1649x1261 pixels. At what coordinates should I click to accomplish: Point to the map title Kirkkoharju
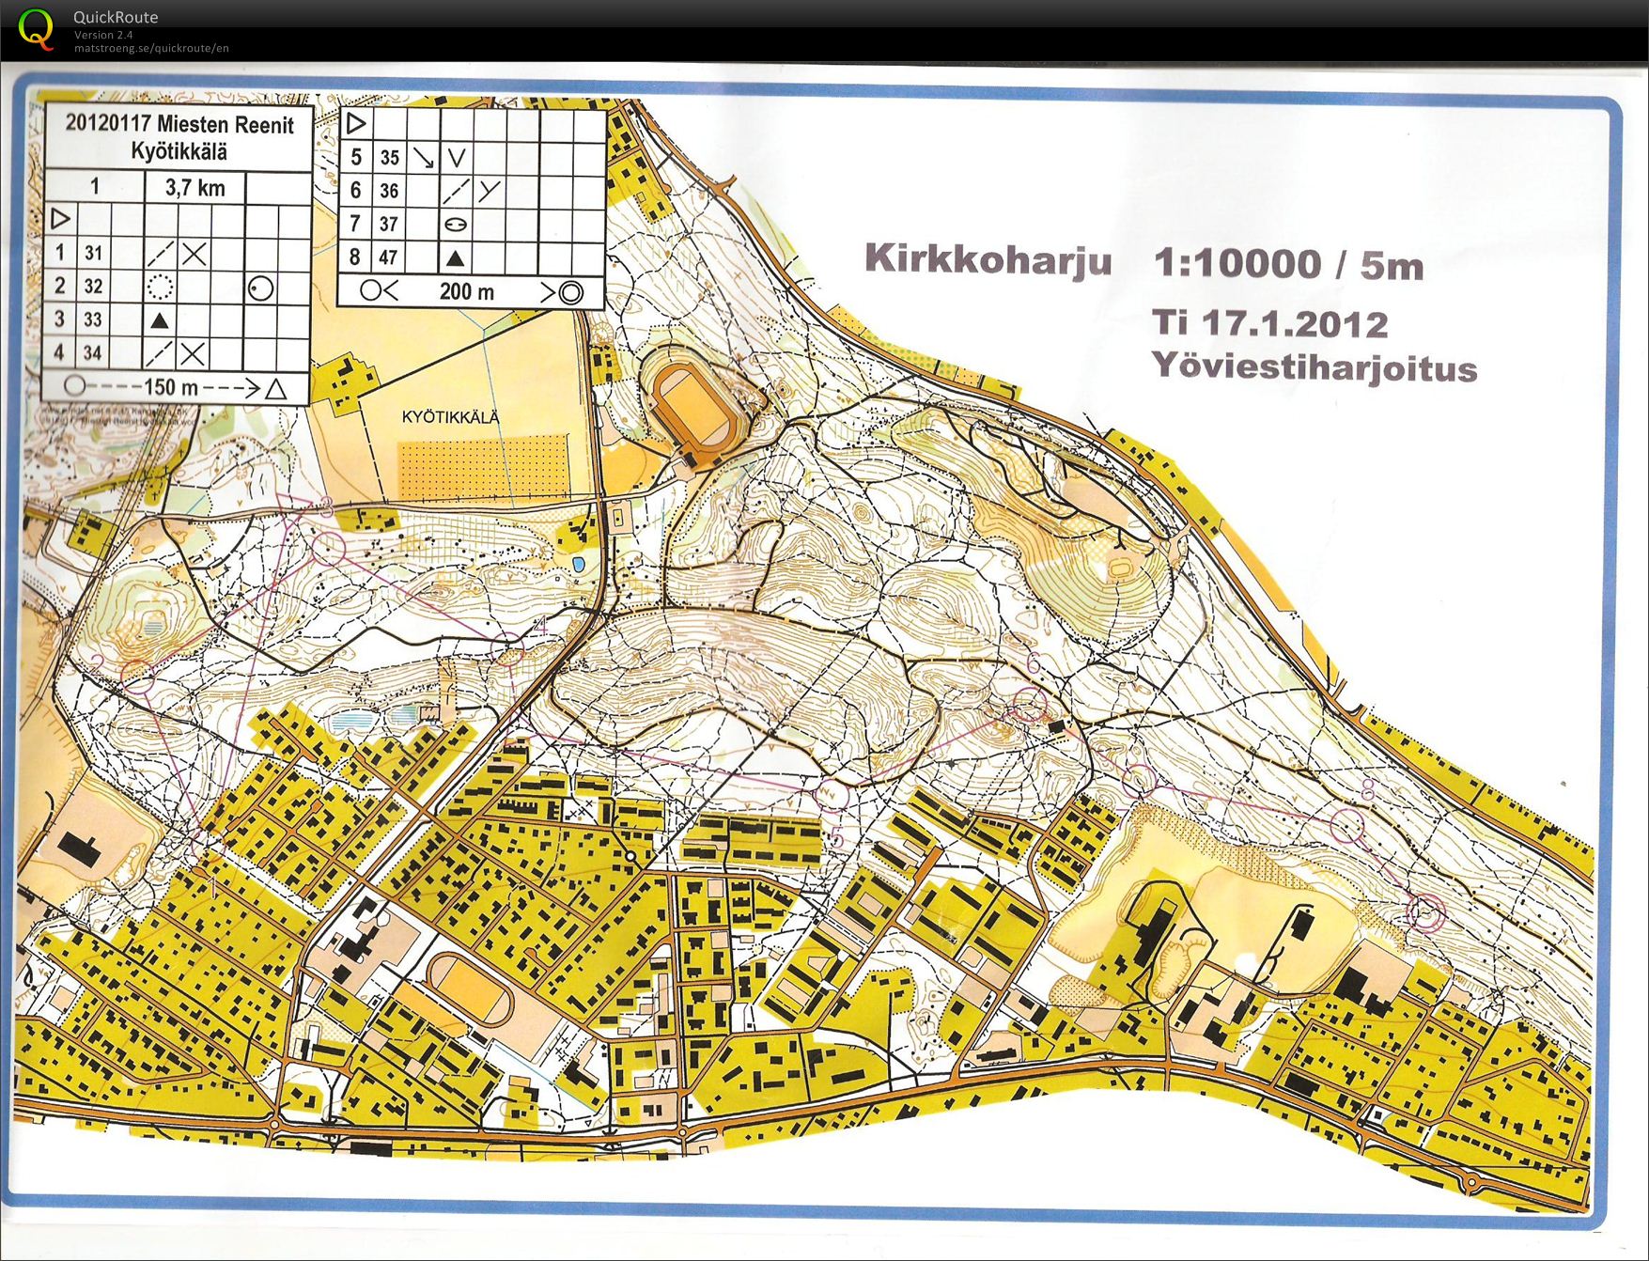(x=988, y=258)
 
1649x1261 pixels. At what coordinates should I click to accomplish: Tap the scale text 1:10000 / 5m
(x=1288, y=264)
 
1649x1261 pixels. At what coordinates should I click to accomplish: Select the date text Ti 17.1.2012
(x=1270, y=323)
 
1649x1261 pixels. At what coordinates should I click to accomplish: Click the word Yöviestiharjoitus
(x=1315, y=366)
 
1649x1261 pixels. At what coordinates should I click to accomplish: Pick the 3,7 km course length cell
(x=195, y=187)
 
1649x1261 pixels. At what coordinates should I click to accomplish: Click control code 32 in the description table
(x=93, y=286)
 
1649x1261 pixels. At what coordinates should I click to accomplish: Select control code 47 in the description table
(x=389, y=257)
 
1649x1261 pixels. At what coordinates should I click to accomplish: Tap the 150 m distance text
(x=171, y=387)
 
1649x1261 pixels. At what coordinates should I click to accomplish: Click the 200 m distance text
(x=467, y=291)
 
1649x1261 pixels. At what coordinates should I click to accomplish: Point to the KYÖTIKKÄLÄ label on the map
(x=451, y=417)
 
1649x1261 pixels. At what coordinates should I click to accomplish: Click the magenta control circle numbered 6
(x=1030, y=704)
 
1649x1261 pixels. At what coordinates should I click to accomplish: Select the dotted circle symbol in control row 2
(x=160, y=287)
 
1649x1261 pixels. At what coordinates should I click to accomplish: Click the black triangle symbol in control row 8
(x=456, y=257)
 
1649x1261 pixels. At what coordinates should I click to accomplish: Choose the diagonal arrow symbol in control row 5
(x=423, y=157)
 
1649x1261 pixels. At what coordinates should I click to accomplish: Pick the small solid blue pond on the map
(x=579, y=563)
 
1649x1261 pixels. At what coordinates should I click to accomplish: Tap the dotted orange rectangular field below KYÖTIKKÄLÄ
(x=484, y=466)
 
